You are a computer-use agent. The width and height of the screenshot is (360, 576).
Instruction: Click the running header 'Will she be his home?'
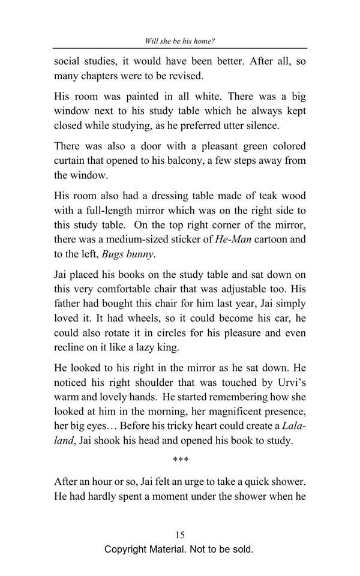coord(180,41)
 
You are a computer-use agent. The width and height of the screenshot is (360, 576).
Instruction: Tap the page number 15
coord(180,535)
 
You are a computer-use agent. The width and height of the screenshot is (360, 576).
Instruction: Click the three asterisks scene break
coord(180,461)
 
